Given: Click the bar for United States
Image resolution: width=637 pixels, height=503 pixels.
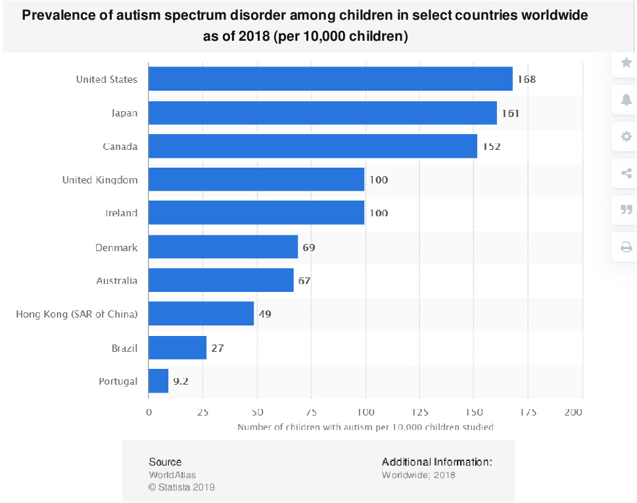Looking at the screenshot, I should [330, 79].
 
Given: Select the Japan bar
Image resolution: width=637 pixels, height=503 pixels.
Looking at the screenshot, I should [322, 112].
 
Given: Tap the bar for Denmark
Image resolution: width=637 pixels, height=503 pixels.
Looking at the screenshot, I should [223, 247].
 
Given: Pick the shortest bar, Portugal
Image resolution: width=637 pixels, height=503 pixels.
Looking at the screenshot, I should [158, 381].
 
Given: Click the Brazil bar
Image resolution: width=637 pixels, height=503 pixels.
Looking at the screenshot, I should [177, 348].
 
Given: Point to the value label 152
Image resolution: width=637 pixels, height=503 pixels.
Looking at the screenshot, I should [491, 147].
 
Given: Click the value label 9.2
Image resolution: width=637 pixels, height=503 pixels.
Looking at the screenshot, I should [181, 381].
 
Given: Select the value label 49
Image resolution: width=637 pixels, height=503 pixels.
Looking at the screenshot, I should [264, 314].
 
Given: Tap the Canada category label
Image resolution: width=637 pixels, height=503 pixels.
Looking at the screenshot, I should [120, 147].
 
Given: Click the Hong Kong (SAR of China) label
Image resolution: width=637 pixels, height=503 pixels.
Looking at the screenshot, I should [77, 314].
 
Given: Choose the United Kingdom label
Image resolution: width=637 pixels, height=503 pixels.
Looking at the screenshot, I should [100, 180].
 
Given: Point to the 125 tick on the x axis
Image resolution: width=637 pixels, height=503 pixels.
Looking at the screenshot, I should [420, 412].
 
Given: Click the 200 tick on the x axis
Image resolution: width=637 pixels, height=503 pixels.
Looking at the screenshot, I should [574, 412].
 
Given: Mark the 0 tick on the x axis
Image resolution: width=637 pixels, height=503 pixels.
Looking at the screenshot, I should [149, 412].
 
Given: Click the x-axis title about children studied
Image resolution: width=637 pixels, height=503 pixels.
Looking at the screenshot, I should [366, 427].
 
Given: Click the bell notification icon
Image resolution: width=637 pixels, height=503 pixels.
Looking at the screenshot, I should [626, 99].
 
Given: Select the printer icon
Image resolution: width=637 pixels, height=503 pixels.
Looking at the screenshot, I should [626, 247].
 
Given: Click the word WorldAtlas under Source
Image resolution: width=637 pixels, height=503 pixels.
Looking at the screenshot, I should [172, 475].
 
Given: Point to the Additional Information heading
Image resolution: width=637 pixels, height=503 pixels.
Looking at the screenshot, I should [436, 462].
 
